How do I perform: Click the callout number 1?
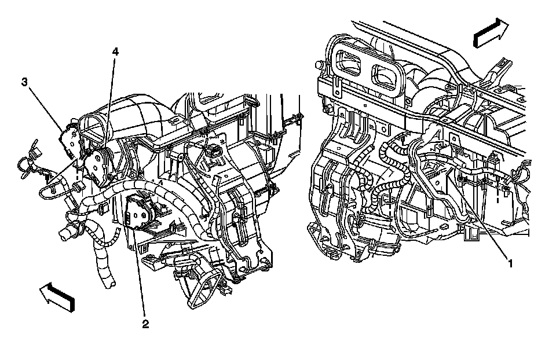point(510,263)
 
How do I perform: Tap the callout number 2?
point(145,324)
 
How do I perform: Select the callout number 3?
point(24,82)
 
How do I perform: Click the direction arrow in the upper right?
point(491,32)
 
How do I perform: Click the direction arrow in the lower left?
point(57,297)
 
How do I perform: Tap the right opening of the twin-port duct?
point(386,77)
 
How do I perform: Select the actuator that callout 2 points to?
point(140,212)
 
